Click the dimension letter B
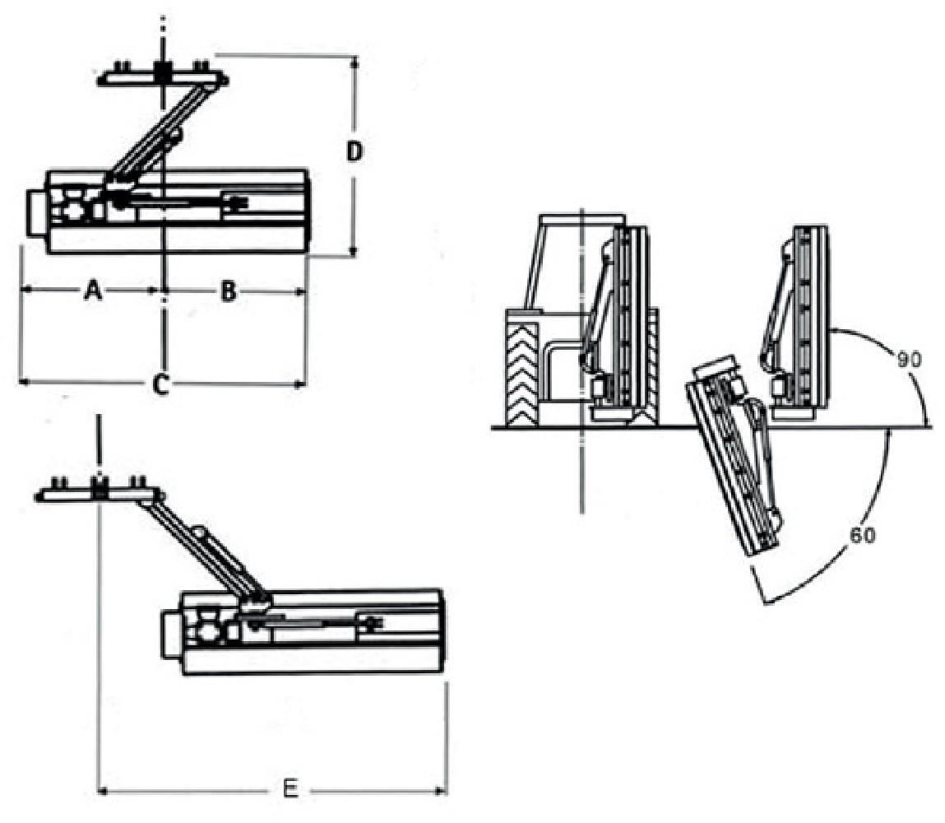(x=229, y=291)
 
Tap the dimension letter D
(x=354, y=153)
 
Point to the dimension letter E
(x=289, y=790)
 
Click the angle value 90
(x=909, y=360)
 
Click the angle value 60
(x=862, y=534)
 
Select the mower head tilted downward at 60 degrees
(x=734, y=461)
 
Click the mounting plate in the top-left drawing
(x=163, y=79)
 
